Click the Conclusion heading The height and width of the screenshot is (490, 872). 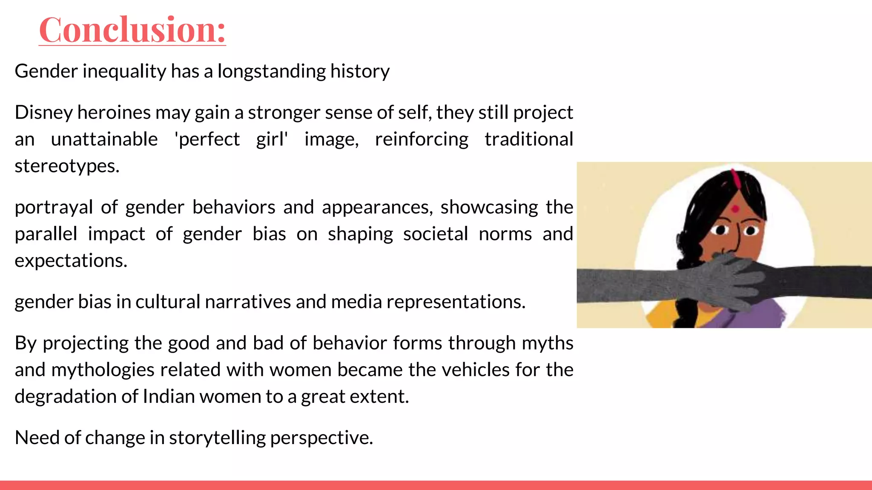(x=132, y=30)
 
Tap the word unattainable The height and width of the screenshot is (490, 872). (x=104, y=140)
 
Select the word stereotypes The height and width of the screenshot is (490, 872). (x=66, y=166)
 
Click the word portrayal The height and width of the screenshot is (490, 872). (x=54, y=208)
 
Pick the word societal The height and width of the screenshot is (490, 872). (x=435, y=234)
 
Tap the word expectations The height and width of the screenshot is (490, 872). (x=71, y=261)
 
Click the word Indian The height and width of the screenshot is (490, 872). (x=169, y=396)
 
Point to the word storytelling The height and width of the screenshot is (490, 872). (x=217, y=438)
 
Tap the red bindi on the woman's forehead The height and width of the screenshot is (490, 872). (x=735, y=209)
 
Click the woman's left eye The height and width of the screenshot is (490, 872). (x=751, y=231)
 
